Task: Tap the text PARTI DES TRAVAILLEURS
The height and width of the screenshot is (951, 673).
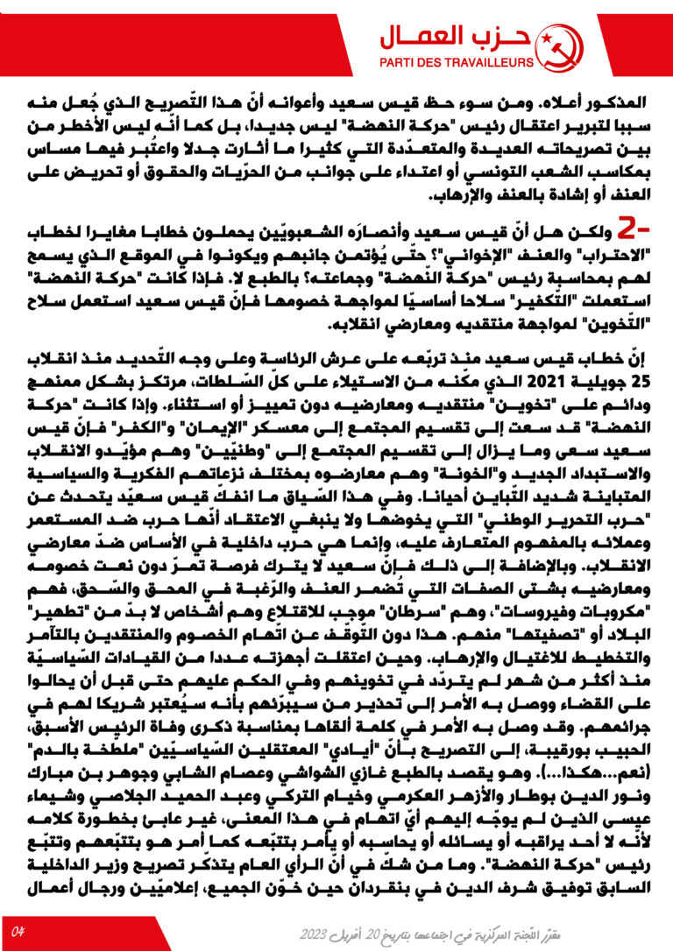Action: click(456, 63)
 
